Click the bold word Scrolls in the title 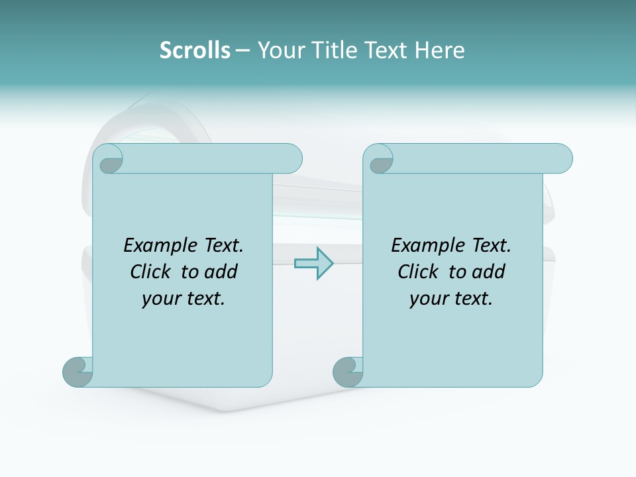pos(195,50)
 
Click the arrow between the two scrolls pos(313,263)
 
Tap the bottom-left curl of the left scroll pos(78,372)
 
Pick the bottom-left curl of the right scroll pos(348,372)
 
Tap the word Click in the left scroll pos(152,272)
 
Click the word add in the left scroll pos(221,272)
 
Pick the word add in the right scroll pos(488,272)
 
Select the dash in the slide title pos(242,50)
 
